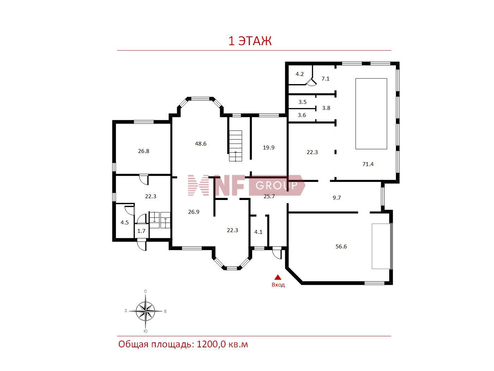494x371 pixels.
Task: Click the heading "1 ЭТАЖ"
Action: pos(250,41)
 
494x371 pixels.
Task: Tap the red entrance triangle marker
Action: pos(278,277)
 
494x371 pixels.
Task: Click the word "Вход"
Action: pos(278,285)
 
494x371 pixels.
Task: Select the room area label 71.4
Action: pos(368,164)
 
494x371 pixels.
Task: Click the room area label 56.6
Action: pos(341,246)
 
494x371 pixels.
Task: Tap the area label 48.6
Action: pos(200,143)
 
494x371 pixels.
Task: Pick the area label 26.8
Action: pos(144,151)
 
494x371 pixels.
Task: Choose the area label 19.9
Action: pos(269,148)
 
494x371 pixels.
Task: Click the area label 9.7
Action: pos(337,198)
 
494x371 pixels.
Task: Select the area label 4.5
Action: pos(125,223)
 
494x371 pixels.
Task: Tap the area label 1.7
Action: pos(141,231)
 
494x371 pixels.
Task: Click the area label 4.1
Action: pos(258,232)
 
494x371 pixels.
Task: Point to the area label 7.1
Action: pos(325,78)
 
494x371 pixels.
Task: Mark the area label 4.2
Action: pos(300,74)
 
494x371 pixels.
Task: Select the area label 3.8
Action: pos(326,108)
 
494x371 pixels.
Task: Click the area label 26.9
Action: pos(194,212)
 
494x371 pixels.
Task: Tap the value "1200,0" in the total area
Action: pos(211,344)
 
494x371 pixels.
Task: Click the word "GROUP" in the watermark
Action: pos(276,185)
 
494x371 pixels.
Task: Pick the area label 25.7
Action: pos(269,196)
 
